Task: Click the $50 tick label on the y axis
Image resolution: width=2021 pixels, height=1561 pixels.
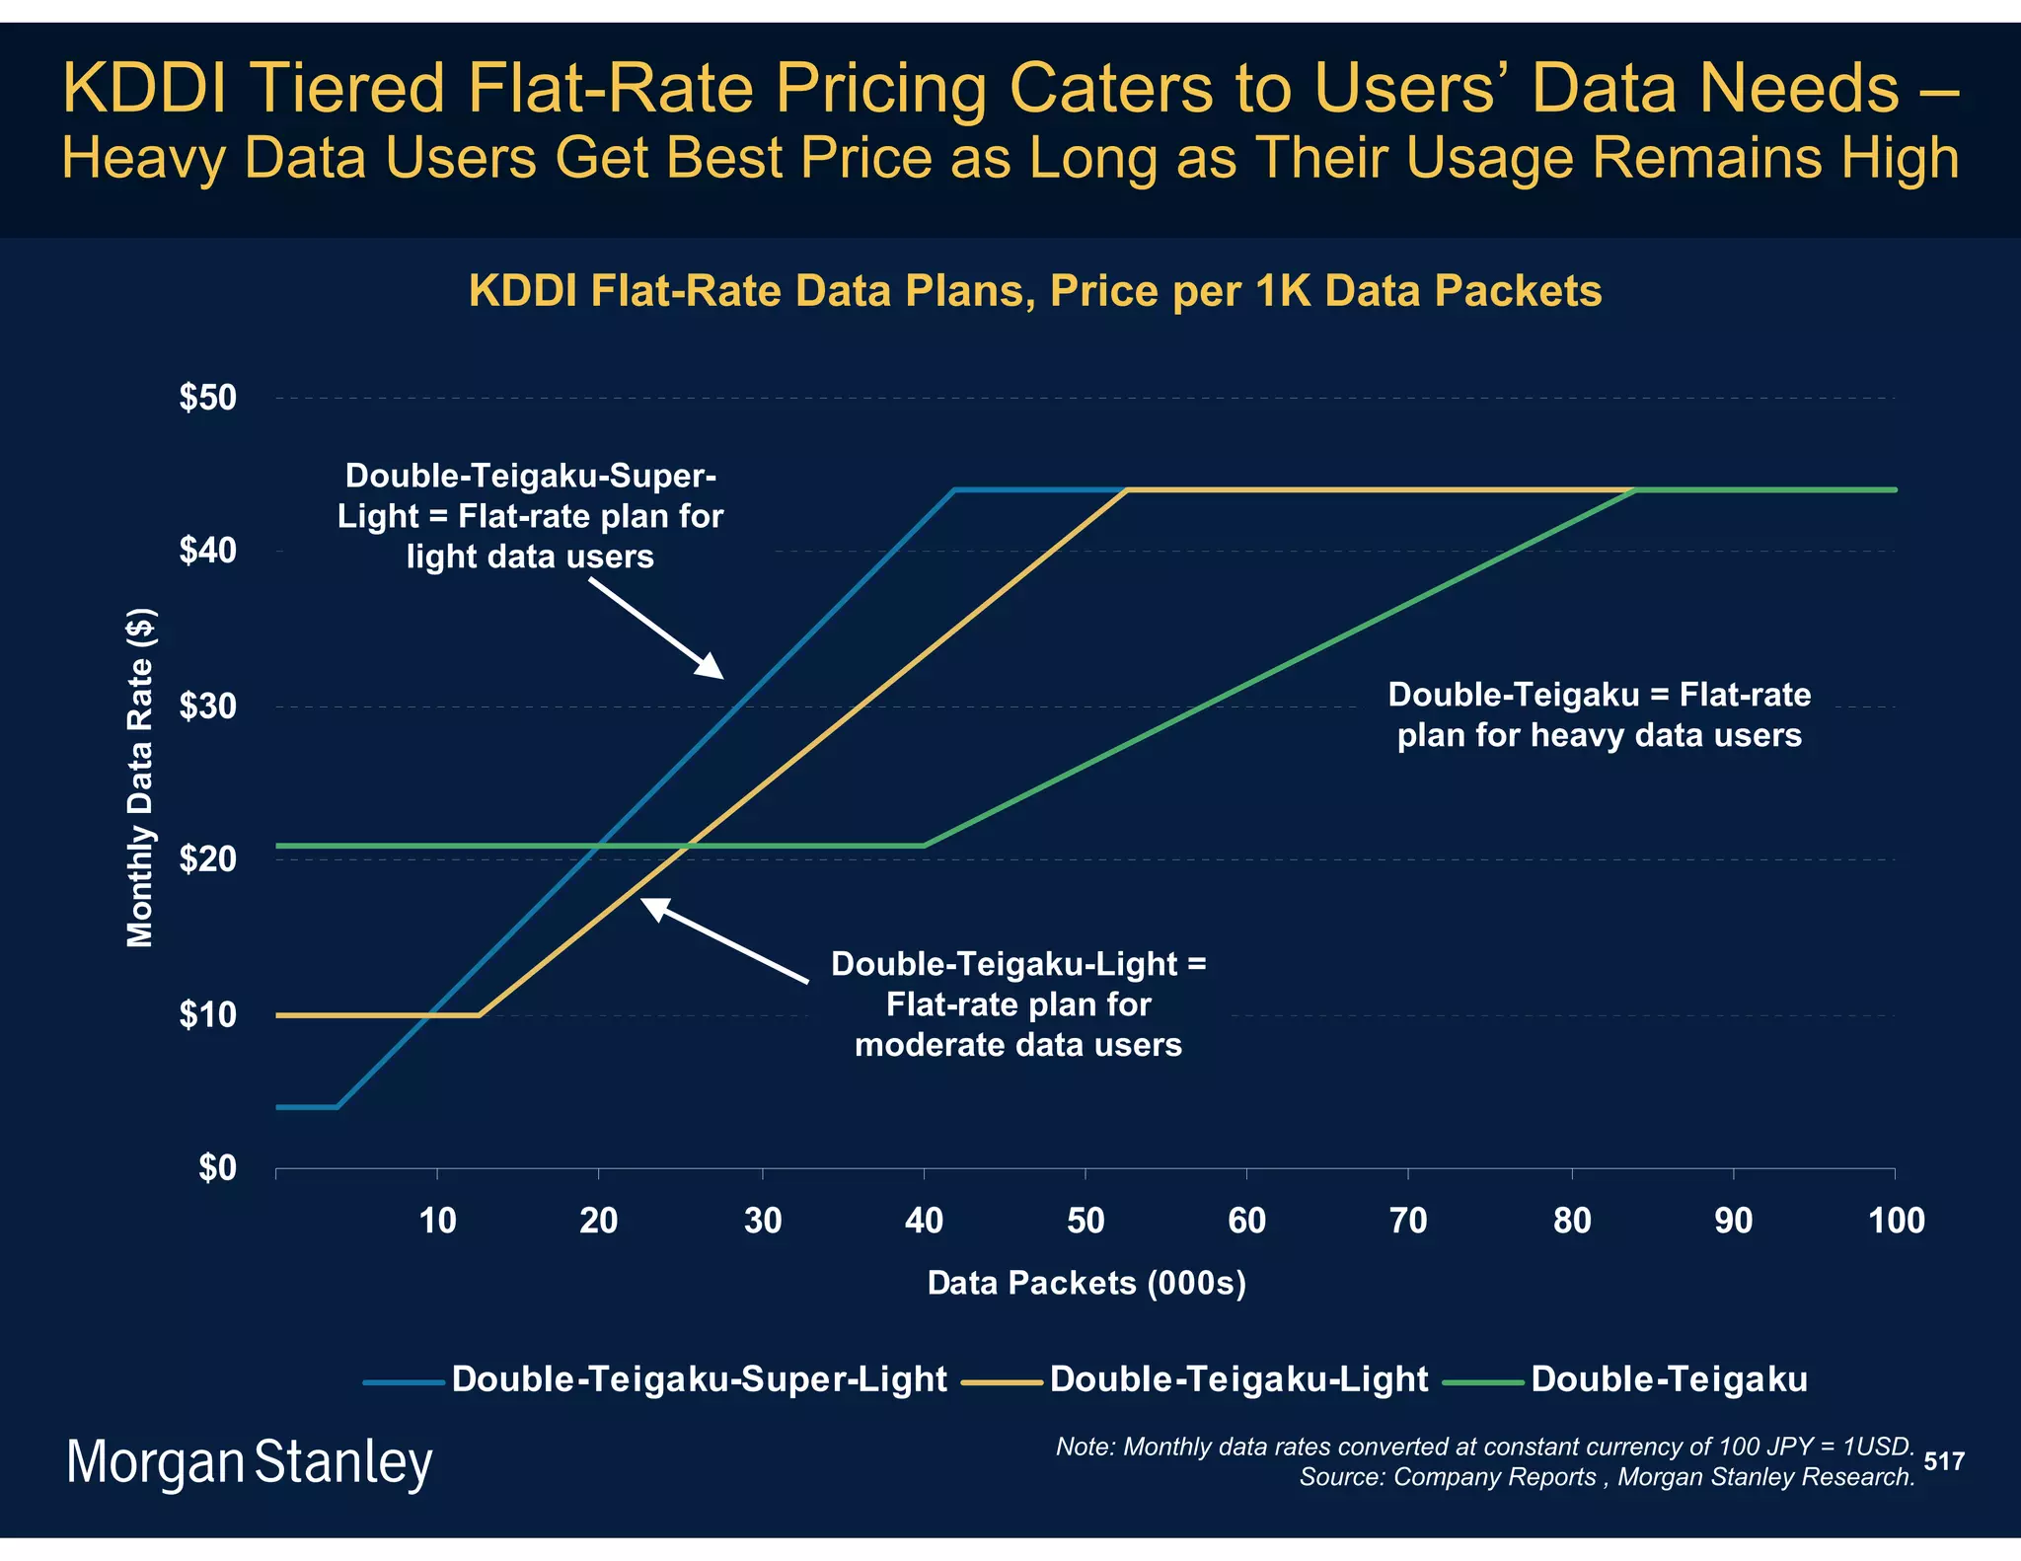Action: pos(208,398)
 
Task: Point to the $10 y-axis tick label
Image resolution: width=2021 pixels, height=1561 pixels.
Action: pos(208,1014)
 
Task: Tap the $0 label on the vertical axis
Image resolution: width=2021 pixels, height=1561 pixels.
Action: pos(218,1168)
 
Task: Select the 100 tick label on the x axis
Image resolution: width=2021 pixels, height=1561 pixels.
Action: pos(1896,1222)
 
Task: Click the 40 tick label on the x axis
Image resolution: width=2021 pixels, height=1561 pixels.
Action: pos(924,1222)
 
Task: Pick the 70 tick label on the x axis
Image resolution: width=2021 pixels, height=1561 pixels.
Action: pos(1408,1222)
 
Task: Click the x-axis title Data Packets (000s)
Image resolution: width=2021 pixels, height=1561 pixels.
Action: pos(1086,1283)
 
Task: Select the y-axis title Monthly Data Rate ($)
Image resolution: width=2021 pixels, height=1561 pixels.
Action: pos(140,778)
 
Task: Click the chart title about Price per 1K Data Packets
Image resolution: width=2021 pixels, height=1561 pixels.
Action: pos(1035,291)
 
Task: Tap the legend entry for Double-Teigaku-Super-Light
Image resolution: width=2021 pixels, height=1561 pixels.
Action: pos(699,1378)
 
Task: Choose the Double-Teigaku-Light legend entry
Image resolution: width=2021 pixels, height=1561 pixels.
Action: pos(1238,1378)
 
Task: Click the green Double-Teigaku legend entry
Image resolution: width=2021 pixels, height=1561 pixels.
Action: pos(1669,1378)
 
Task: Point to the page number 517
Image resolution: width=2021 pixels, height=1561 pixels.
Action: pos(1943,1461)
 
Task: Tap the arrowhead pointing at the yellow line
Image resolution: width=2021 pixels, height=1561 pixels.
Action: pos(653,907)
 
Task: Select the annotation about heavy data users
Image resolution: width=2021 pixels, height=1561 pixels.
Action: pos(1600,714)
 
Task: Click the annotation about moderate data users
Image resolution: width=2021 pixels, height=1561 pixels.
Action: pos(1018,1003)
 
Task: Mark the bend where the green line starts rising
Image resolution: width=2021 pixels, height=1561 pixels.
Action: pos(925,846)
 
